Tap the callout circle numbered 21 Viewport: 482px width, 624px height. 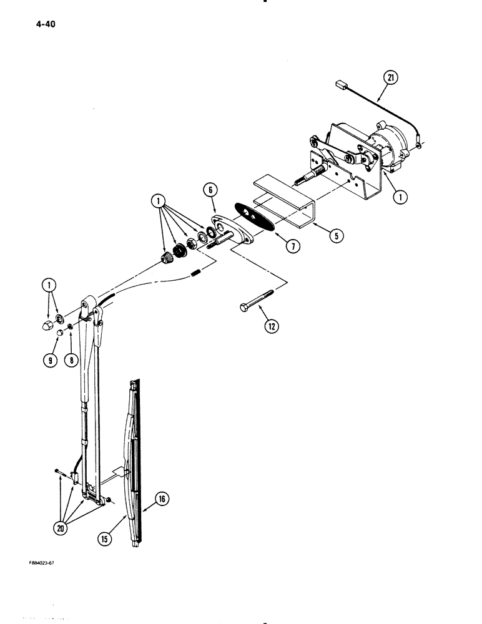click(390, 78)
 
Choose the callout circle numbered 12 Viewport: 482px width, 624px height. click(270, 325)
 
